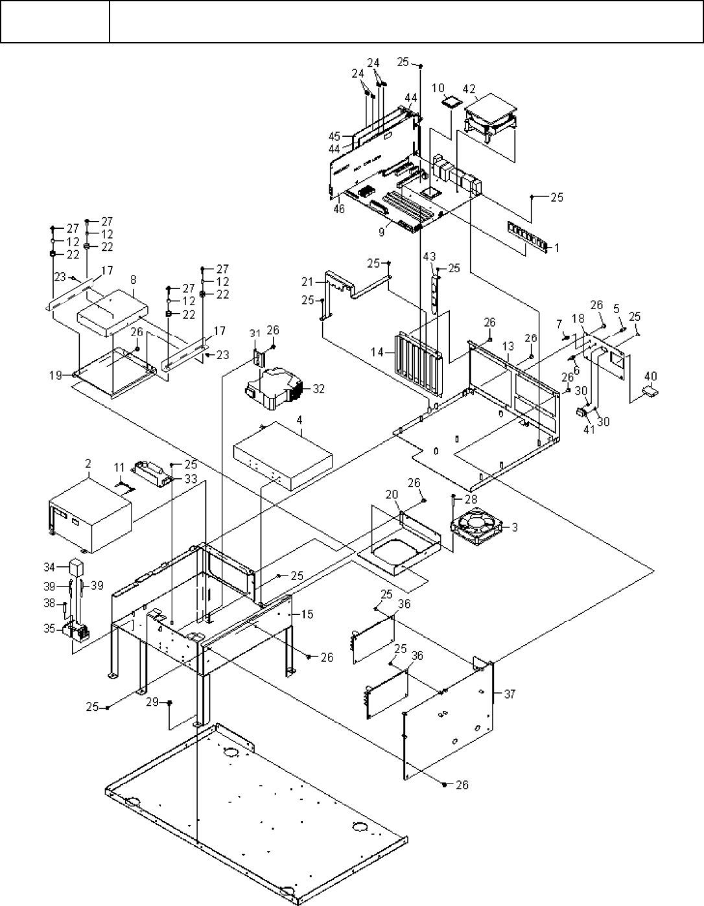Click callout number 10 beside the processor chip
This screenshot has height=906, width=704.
coord(438,87)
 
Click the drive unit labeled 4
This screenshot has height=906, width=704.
coord(283,453)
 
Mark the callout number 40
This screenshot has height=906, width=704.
coord(650,375)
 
